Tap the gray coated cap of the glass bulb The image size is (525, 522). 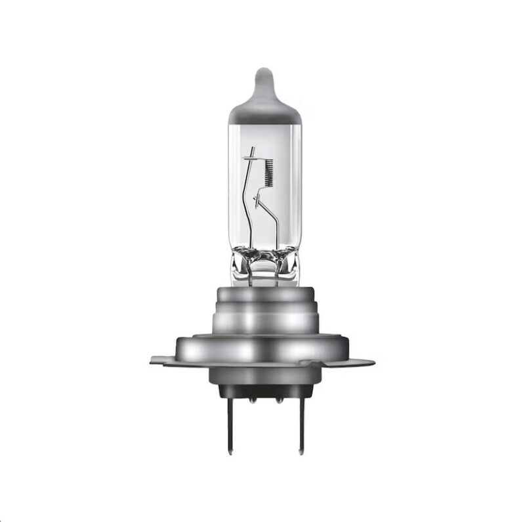coord(264,112)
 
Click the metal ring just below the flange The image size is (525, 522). coord(263,376)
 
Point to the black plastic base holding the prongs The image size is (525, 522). coord(263,391)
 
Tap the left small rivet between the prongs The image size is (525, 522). coord(251,396)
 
